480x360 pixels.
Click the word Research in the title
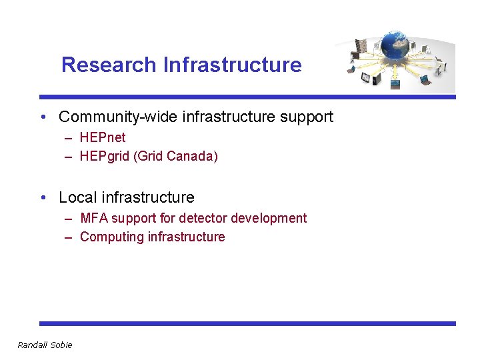[x=109, y=65]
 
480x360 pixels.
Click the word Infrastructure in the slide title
[x=232, y=65]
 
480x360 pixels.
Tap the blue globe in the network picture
[x=398, y=46]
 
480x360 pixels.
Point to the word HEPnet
[x=103, y=138]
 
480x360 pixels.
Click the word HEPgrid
[x=104, y=157]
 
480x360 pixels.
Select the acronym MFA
[x=94, y=218]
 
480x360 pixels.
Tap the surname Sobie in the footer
[x=61, y=345]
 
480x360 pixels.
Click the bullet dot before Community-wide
[x=43, y=118]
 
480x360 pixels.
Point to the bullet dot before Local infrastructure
[x=43, y=198]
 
